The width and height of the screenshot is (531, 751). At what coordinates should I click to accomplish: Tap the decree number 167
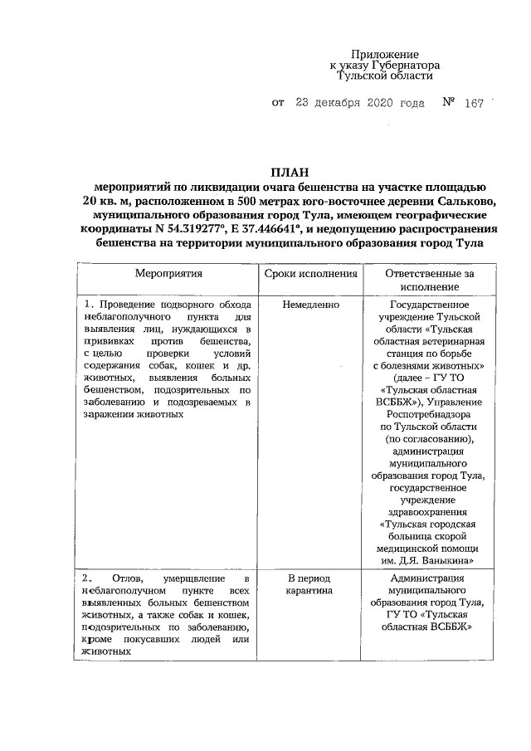475,105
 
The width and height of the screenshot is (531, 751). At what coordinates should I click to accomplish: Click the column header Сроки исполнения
310,273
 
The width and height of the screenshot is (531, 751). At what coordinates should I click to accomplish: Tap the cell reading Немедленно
310,305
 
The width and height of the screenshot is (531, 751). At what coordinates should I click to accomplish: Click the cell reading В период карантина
310,585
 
